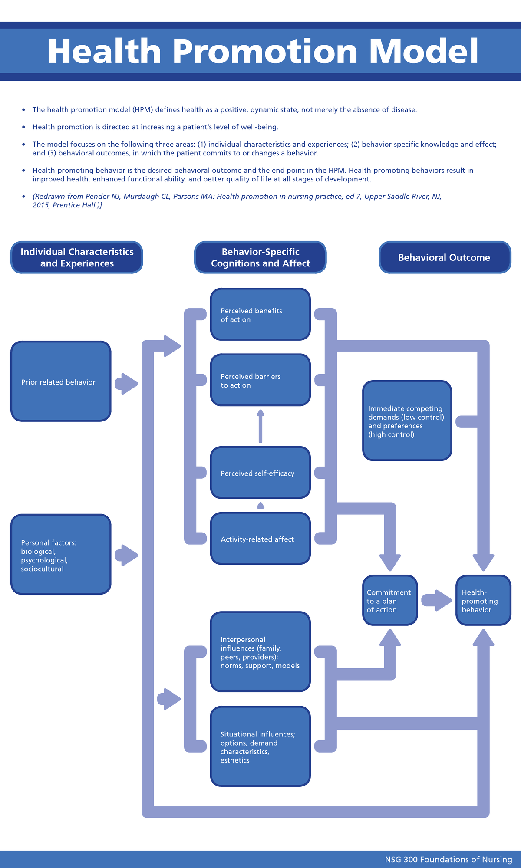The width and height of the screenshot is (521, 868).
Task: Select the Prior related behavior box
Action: (x=61, y=381)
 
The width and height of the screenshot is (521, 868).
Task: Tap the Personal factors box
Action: (x=61, y=554)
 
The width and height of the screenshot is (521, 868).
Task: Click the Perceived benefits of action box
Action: (x=260, y=314)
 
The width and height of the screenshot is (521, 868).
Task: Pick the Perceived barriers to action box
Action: (x=260, y=380)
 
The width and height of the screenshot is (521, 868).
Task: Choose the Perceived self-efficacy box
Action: (x=260, y=473)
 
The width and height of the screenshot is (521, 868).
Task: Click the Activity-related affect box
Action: (x=260, y=539)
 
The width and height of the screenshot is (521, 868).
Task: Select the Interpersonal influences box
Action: (x=260, y=651)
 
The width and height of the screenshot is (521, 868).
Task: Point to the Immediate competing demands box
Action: (x=407, y=421)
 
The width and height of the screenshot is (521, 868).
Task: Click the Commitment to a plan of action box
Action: (x=389, y=600)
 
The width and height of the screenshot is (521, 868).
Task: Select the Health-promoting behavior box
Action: (x=483, y=600)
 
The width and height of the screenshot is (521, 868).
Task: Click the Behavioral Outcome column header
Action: (x=444, y=257)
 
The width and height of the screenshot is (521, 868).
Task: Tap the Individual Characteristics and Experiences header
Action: (x=77, y=257)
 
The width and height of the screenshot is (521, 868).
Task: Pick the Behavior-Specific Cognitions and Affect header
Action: (x=260, y=257)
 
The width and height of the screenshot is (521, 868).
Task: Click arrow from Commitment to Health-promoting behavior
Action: (x=437, y=600)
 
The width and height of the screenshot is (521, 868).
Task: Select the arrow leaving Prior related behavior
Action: (x=126, y=384)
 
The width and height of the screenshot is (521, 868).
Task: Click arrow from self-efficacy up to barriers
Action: (x=260, y=426)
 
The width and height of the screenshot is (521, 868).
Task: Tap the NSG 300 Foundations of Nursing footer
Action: (x=448, y=859)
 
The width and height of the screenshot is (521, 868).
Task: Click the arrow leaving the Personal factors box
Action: (x=126, y=555)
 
